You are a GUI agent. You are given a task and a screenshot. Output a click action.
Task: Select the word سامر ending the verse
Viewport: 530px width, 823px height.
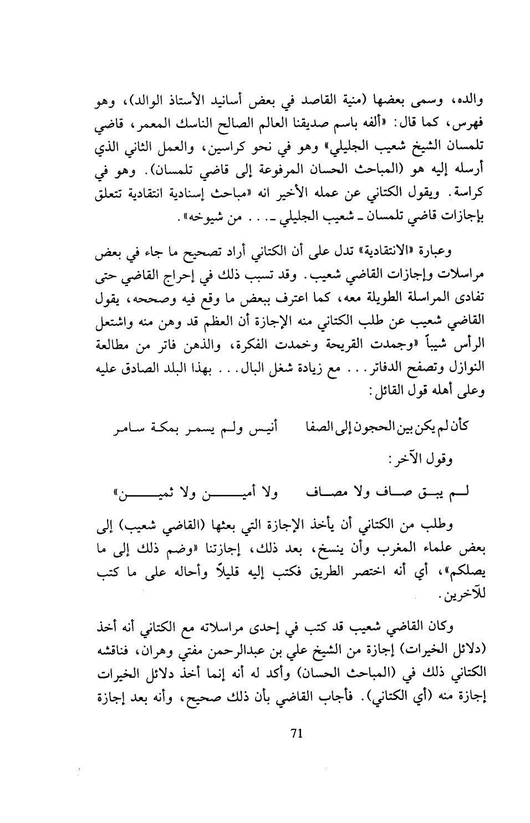(x=128, y=426)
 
